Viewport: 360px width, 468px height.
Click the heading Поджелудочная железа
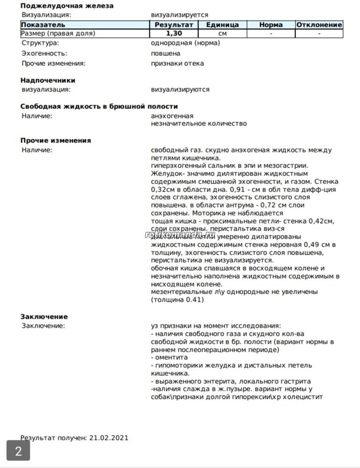67,6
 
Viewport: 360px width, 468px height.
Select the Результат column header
174,25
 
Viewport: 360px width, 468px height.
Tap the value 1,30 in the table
174,34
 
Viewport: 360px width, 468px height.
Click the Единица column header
222,25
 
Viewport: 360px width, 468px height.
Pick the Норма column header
271,25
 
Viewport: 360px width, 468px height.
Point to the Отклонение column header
319,25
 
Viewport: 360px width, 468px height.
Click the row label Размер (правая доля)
59,34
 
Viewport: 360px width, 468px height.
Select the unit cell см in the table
222,34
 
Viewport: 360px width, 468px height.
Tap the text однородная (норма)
185,43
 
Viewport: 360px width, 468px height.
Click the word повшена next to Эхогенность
165,53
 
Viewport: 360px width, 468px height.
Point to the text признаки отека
177,64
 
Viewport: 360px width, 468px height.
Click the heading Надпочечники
48,81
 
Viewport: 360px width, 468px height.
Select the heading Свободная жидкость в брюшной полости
99,107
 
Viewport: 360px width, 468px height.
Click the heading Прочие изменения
56,141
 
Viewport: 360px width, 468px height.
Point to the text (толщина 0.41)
177,300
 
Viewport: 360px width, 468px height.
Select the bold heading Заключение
44,317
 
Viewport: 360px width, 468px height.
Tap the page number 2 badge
18,452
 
